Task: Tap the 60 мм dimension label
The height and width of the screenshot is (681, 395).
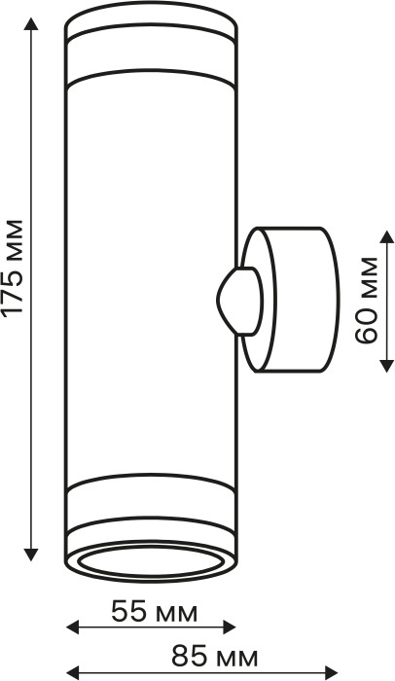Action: click(x=367, y=300)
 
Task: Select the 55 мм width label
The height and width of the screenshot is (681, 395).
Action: click(x=155, y=612)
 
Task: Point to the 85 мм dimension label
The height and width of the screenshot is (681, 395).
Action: click(x=215, y=657)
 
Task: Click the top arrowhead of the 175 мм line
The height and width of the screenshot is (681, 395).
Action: click(x=31, y=24)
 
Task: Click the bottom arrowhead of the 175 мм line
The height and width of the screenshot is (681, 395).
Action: click(x=31, y=555)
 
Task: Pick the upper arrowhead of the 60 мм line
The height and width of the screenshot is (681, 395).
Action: click(x=387, y=237)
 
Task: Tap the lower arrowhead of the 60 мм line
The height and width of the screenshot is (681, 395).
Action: click(x=387, y=366)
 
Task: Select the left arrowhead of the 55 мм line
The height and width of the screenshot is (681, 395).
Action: click(x=72, y=627)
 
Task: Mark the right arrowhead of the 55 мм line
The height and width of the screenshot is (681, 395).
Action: click(x=229, y=627)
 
